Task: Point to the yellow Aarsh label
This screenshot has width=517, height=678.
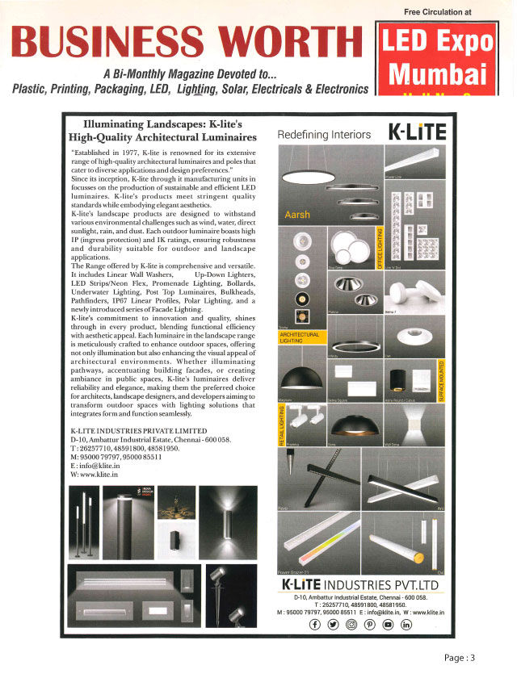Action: [297, 216]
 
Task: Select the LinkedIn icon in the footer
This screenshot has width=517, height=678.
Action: [406, 625]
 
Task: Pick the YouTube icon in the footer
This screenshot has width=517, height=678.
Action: [387, 625]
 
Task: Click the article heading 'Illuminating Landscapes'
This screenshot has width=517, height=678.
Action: [164, 131]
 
